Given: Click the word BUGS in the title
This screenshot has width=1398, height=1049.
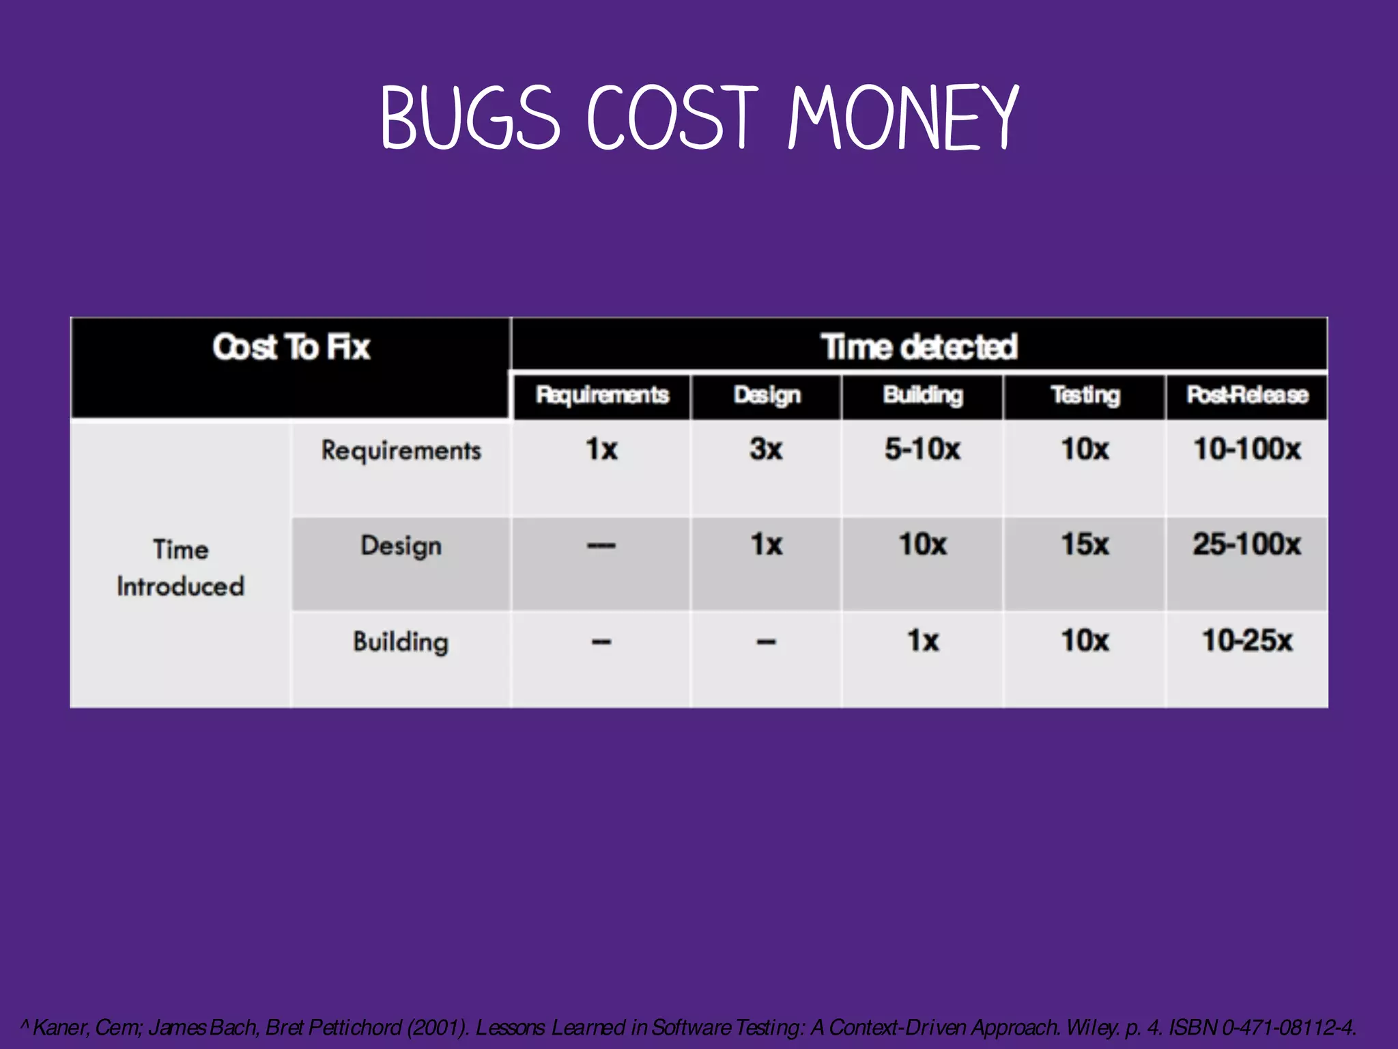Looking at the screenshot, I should click(x=470, y=117).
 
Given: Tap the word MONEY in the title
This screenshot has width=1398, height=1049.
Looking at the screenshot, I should click(x=902, y=117).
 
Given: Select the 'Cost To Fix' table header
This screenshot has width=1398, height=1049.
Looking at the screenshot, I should click(x=291, y=347).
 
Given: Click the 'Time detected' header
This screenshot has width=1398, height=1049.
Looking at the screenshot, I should click(x=919, y=347).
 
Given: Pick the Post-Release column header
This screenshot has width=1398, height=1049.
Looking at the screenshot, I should click(x=1247, y=395).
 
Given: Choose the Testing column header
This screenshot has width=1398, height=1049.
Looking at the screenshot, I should click(x=1085, y=395).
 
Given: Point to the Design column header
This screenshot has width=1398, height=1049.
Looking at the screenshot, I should click(x=767, y=395).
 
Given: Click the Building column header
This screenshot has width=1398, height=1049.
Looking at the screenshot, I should click(x=923, y=395).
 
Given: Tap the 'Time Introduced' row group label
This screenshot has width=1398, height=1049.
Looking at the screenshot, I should click(x=180, y=568).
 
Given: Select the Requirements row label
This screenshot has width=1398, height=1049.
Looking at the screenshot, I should click(x=401, y=451).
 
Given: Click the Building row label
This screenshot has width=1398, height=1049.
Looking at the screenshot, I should click(x=401, y=642).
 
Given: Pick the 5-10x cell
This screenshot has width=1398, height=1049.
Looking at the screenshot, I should click(x=923, y=449).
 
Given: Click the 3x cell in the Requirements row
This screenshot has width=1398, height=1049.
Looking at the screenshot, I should click(x=766, y=449).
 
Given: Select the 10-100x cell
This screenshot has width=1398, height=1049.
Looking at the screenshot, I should click(x=1247, y=449).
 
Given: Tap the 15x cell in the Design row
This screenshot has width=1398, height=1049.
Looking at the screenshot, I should click(x=1085, y=544).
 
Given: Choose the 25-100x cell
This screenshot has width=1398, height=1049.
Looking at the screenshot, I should click(x=1247, y=544).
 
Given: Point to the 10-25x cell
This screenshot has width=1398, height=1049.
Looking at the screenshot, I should click(x=1247, y=641).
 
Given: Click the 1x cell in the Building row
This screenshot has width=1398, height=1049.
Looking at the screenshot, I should click(x=923, y=641).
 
